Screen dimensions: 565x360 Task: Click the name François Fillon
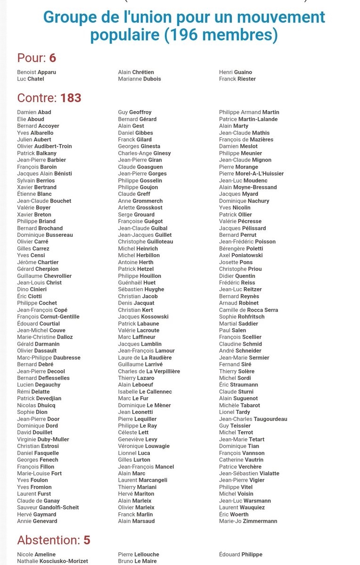pyautogui.click(x=33, y=467)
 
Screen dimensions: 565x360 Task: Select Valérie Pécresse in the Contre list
pyautogui.click(x=240, y=221)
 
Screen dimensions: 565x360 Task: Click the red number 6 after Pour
pyautogui.click(x=52, y=58)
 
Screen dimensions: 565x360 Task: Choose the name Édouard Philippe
pyautogui.click(x=240, y=555)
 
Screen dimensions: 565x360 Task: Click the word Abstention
pyautogui.click(x=48, y=540)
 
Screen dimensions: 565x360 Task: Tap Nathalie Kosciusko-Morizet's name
pyautogui.click(x=52, y=561)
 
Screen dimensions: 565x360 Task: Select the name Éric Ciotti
pyautogui.click(x=29, y=296)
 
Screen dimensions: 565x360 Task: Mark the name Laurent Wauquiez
pyautogui.click(x=242, y=508)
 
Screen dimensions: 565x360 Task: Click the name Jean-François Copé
pyautogui.click(x=42, y=310)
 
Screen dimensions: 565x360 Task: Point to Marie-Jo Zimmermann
pyautogui.click(x=248, y=521)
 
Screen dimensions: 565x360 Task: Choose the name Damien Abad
pyautogui.click(x=34, y=112)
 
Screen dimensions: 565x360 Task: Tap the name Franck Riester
pyautogui.click(x=237, y=79)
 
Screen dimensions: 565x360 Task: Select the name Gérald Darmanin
pyautogui.click(x=38, y=344)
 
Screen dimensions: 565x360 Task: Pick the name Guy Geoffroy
pyautogui.click(x=135, y=112)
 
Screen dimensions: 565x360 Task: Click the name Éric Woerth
pyautogui.click(x=234, y=515)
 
